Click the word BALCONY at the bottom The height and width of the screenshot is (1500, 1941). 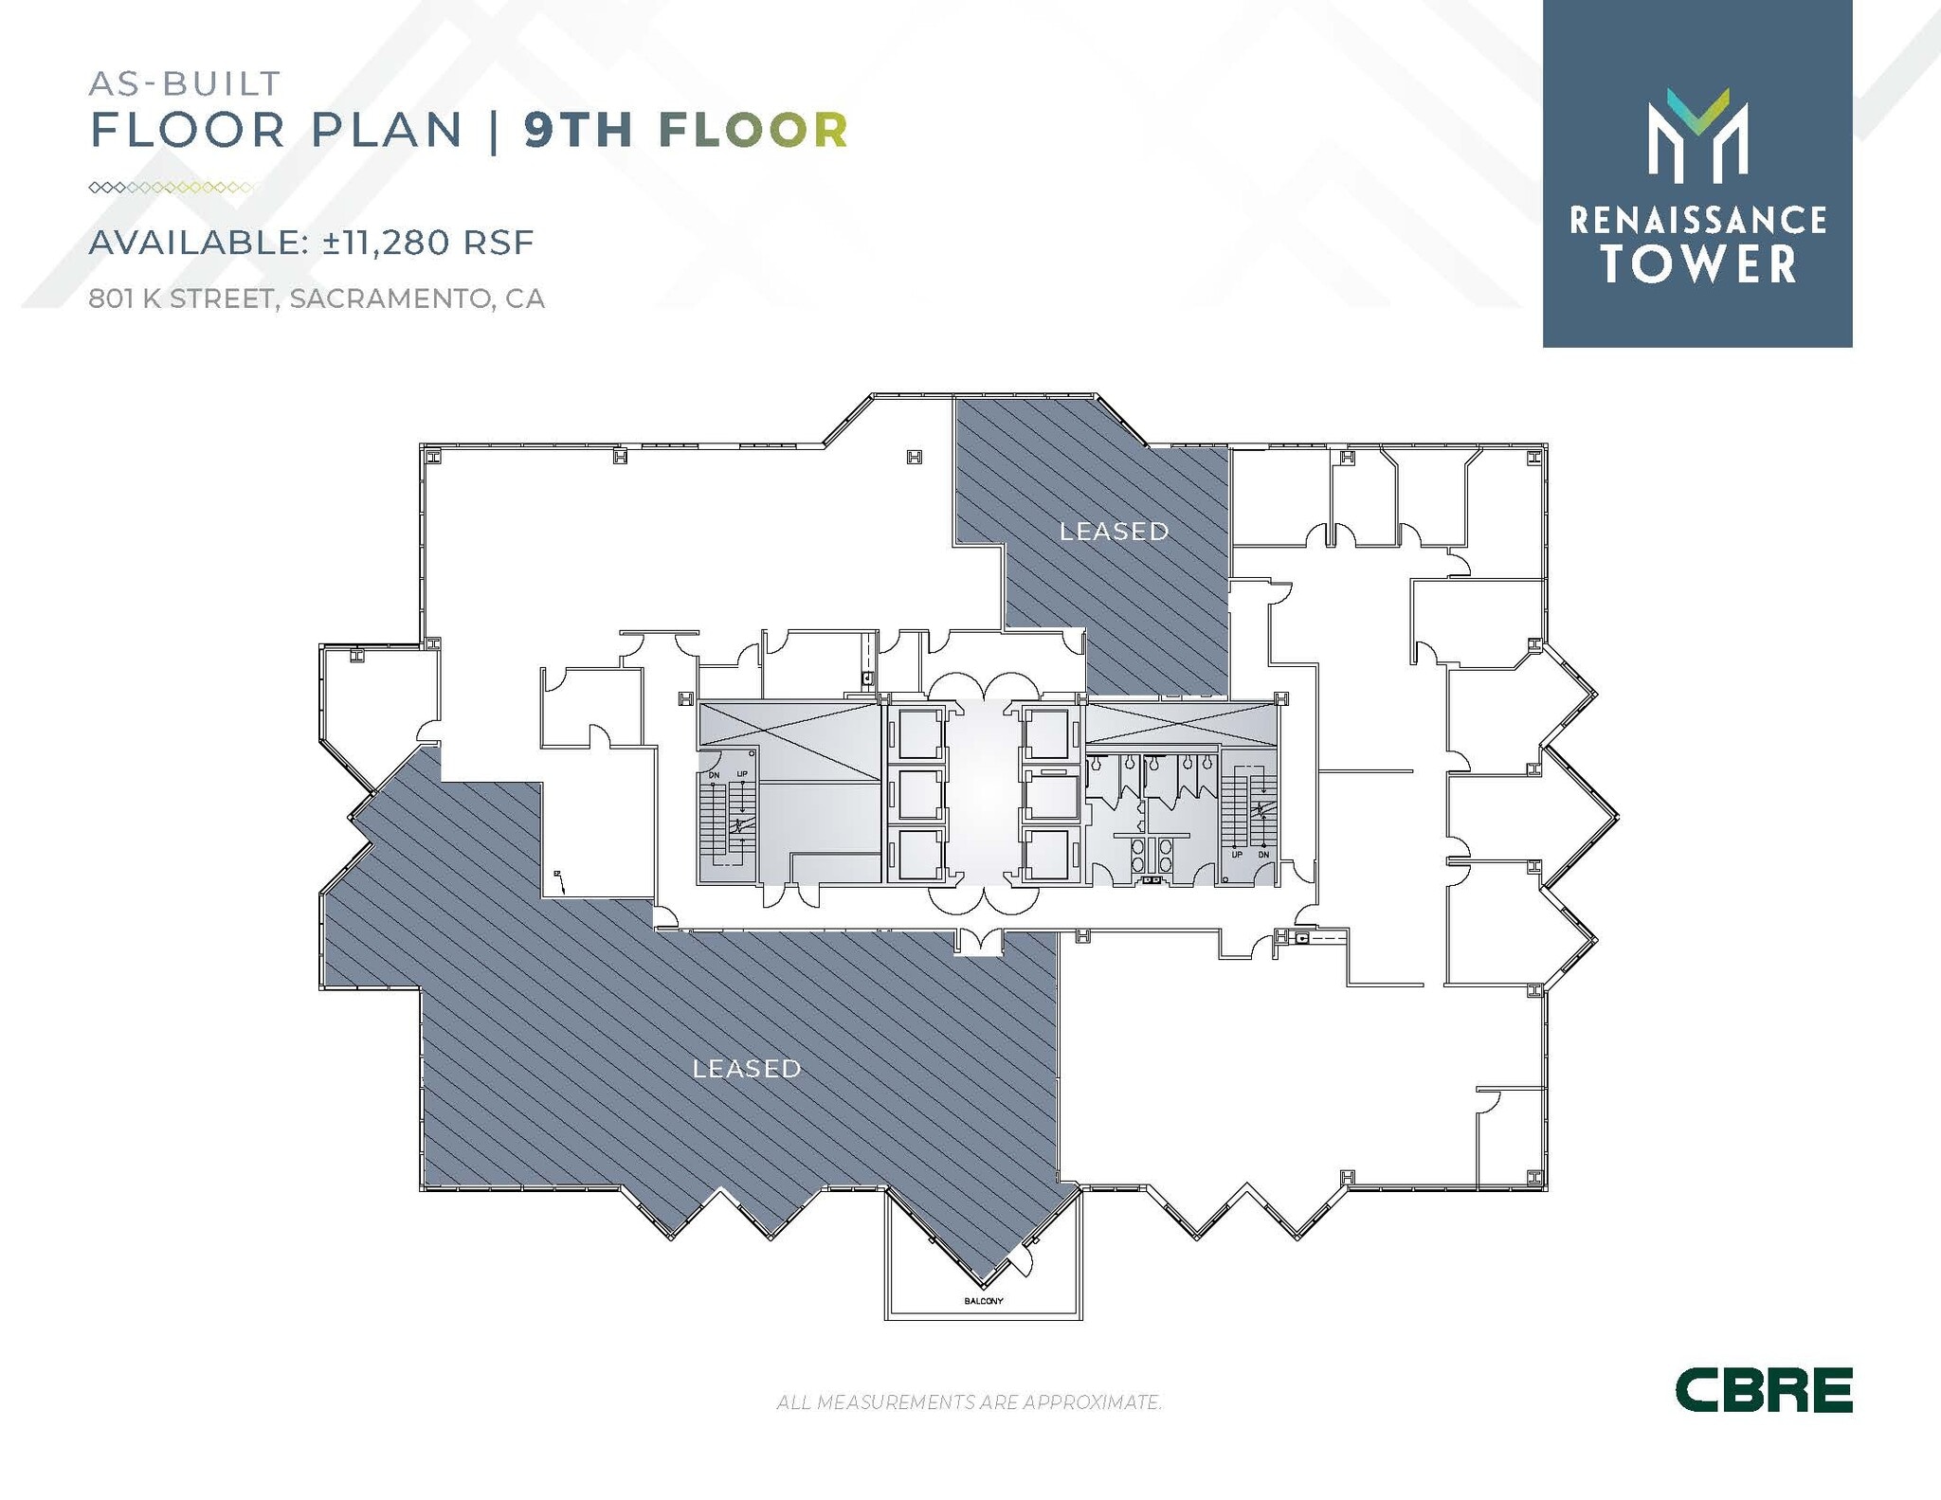[983, 1301]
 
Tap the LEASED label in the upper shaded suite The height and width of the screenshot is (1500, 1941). [1114, 532]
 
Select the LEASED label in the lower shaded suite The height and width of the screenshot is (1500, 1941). [747, 1069]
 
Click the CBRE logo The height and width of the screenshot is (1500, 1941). [1763, 1391]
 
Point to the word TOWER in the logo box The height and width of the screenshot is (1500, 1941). [1699, 264]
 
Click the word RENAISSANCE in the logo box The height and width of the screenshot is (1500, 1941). [1697, 221]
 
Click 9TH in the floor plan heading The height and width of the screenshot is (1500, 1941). [578, 130]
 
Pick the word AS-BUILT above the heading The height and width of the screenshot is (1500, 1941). [185, 83]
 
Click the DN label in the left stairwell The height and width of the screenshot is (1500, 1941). [715, 775]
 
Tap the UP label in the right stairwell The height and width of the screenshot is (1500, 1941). [1237, 855]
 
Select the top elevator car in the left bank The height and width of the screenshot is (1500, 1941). [917, 733]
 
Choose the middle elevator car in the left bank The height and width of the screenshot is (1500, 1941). [917, 794]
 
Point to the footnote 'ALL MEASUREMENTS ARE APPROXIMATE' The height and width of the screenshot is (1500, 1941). [969, 1401]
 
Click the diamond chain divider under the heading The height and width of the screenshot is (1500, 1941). [171, 188]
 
